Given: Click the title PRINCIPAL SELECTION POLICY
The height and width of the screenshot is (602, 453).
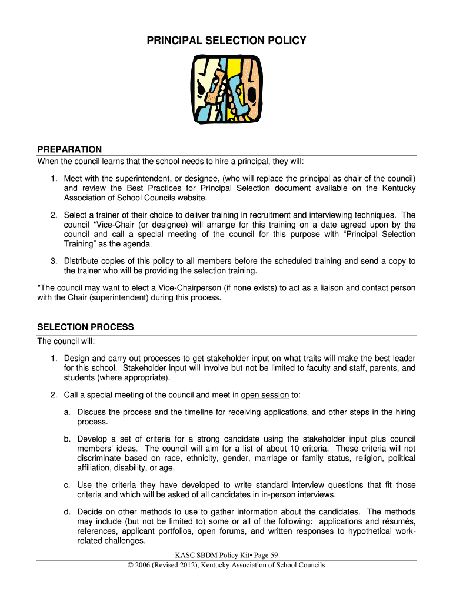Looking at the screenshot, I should [x=226, y=41].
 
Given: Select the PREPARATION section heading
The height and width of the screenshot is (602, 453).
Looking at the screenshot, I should [x=69, y=149].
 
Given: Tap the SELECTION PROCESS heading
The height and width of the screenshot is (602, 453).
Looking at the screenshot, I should [x=85, y=327].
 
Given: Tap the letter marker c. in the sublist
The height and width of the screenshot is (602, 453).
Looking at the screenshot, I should [x=68, y=485].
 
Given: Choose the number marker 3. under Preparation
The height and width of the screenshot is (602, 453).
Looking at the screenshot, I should [x=54, y=261].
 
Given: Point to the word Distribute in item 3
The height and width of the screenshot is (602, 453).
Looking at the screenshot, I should [x=83, y=261].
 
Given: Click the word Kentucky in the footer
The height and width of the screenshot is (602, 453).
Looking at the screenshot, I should [x=234, y=565].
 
